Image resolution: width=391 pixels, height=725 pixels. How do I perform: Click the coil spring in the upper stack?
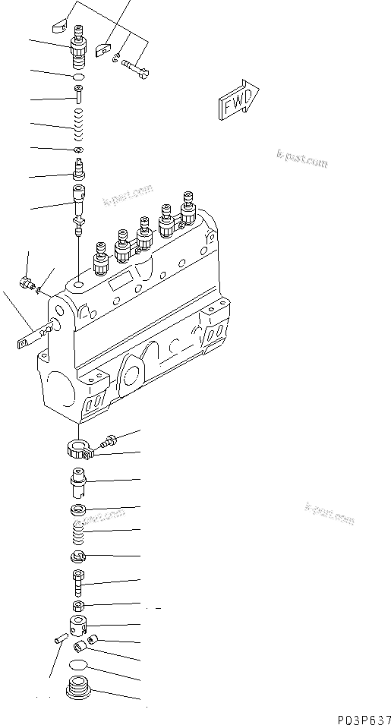tap(77, 123)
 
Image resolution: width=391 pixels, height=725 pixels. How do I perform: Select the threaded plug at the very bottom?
tap(78, 692)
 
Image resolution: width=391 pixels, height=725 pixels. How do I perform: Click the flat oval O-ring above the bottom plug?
tap(78, 665)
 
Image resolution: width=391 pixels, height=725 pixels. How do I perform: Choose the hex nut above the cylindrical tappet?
tap(79, 606)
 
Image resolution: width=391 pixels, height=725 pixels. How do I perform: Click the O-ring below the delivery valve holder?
tap(77, 77)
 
